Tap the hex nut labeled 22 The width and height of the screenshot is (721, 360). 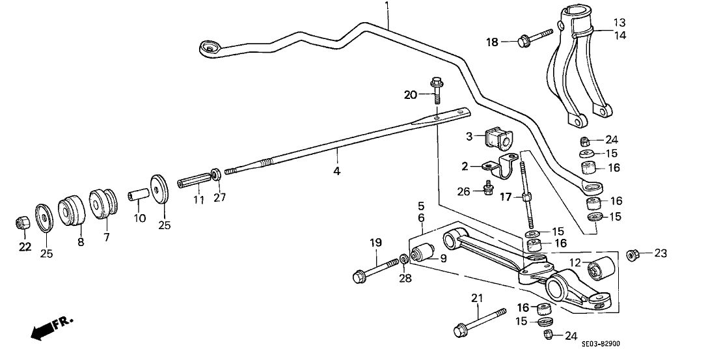coord(21,223)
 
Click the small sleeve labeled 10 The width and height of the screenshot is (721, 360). coord(137,196)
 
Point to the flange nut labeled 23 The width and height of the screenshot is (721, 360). coord(631,254)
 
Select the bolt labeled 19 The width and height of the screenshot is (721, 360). coord(374,270)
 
